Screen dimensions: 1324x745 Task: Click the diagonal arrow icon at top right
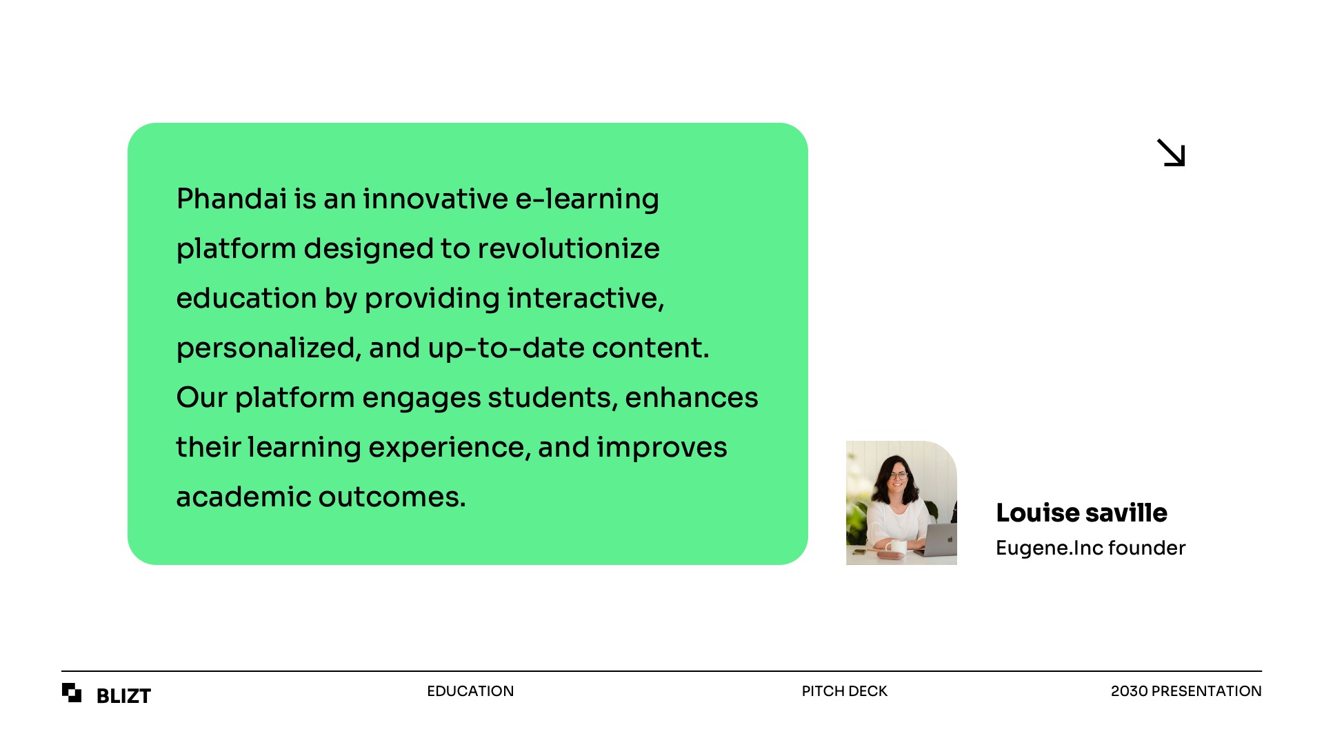click(1171, 153)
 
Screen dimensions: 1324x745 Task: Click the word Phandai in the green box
click(232, 199)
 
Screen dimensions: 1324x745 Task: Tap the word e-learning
click(587, 199)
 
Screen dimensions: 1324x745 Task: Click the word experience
click(450, 448)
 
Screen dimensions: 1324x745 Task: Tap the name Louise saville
click(1081, 513)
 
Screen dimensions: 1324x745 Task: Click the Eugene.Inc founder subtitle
click(1091, 548)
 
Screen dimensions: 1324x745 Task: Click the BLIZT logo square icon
click(72, 693)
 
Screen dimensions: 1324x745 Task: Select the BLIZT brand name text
click(123, 696)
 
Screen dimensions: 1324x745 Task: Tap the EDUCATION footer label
click(470, 691)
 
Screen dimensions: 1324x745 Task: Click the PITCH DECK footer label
click(844, 691)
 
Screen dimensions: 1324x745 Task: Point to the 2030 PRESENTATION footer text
click(1186, 691)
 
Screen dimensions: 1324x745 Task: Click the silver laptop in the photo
click(938, 539)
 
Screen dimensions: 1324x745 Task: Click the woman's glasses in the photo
click(898, 475)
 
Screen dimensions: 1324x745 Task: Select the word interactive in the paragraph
click(585, 299)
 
